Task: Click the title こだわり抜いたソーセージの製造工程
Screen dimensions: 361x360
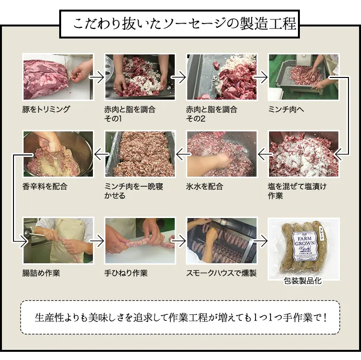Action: (x=184, y=24)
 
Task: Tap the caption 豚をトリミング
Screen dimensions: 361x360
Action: (x=46, y=109)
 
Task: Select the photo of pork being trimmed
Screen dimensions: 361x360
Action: (x=58, y=77)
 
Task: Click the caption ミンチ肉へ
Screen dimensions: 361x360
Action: (x=286, y=109)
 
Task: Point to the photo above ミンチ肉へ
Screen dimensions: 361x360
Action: (x=304, y=77)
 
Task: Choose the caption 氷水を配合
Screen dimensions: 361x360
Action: (x=205, y=186)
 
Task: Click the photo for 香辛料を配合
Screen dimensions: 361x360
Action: (x=58, y=154)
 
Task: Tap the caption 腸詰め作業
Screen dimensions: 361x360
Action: (x=41, y=273)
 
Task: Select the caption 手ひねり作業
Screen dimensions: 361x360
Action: (x=126, y=273)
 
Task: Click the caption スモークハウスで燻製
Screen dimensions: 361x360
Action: (x=221, y=273)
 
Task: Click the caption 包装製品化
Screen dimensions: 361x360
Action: (x=303, y=281)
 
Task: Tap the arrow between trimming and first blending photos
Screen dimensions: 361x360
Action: (x=97, y=77)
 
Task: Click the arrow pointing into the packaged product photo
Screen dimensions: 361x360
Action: (x=260, y=241)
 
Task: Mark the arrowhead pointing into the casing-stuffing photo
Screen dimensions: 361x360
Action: (x=24, y=241)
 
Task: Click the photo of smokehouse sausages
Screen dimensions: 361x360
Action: (x=222, y=241)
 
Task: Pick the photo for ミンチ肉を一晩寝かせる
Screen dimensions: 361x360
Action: (x=140, y=154)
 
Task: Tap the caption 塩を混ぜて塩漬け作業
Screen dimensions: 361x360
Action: (x=297, y=191)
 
